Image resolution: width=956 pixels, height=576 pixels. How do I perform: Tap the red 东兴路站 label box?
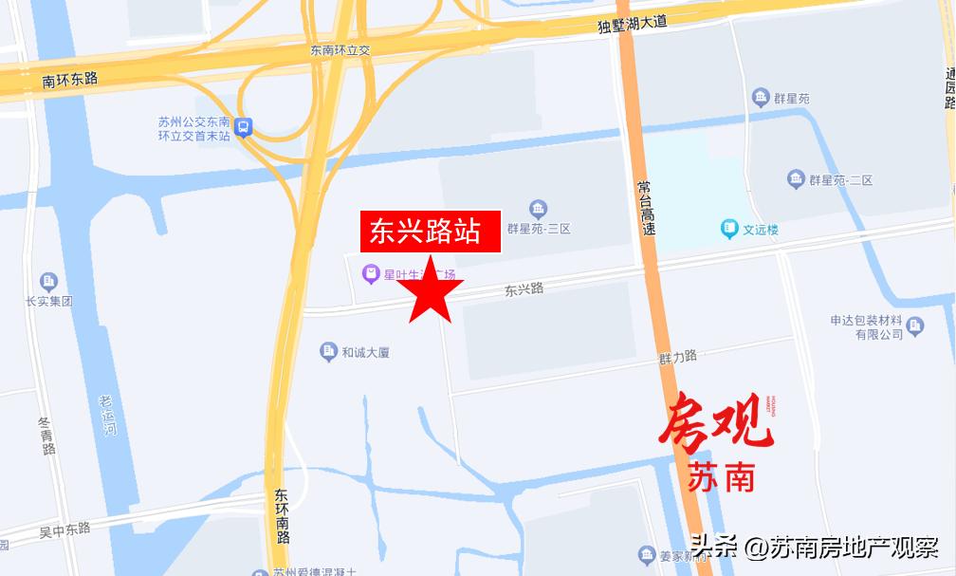pos(431,232)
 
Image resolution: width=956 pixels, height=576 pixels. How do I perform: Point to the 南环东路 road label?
pos(70,80)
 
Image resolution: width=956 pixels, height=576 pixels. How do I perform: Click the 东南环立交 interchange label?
pos(339,50)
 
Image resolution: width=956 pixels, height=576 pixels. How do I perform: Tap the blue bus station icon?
pos(244,126)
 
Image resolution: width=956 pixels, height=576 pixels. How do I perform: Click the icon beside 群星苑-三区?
pos(539,209)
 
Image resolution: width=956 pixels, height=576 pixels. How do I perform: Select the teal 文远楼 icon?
pos(729,229)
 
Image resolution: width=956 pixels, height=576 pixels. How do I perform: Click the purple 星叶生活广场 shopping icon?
pos(371,275)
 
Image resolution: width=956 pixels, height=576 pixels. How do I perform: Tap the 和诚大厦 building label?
pos(365,352)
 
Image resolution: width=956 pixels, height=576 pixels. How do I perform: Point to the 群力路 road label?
pos(678,357)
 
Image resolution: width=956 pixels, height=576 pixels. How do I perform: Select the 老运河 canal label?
pos(108,416)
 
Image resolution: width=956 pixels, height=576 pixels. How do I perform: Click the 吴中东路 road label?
pos(64,528)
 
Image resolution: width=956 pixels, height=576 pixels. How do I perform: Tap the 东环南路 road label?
pos(283,516)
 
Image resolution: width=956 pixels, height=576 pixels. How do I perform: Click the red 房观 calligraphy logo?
pos(716,423)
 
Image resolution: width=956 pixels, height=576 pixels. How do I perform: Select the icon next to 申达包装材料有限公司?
pos(914,325)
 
